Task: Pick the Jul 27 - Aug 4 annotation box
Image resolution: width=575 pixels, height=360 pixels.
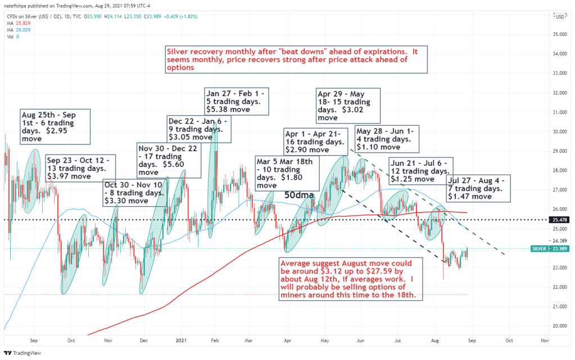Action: pos(479,189)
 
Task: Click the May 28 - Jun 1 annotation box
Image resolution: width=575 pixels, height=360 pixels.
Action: pos(387,139)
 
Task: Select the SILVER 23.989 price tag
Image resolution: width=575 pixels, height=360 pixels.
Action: pos(550,248)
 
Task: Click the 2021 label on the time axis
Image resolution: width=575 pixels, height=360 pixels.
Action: pos(181,340)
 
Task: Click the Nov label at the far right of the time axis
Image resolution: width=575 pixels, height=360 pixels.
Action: pos(544,340)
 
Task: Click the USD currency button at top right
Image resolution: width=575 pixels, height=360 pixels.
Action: pos(559,16)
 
